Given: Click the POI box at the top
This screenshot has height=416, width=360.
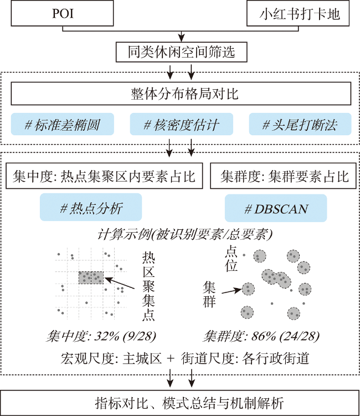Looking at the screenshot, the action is click(x=63, y=13).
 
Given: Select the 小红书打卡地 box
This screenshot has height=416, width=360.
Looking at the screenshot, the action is click(x=298, y=13).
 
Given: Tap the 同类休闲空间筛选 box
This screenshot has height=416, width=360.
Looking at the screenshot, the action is click(x=182, y=52).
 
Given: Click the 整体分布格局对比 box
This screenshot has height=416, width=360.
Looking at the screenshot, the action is click(x=181, y=94).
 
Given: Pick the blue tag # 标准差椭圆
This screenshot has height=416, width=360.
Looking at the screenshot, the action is click(x=63, y=124).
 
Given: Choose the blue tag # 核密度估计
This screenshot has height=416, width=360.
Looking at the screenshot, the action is click(x=182, y=124).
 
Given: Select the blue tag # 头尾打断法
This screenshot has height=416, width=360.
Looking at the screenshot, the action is click(x=300, y=124).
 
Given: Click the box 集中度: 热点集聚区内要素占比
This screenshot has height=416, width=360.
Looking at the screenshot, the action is click(x=104, y=176).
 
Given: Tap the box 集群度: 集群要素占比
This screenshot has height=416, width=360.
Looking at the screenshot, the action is click(x=283, y=176).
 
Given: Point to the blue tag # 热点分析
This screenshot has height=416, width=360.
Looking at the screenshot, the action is click(x=91, y=207).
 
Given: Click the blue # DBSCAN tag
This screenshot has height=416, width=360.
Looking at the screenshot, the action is click(x=276, y=208).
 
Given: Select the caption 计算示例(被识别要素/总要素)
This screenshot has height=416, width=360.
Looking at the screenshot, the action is click(x=184, y=234).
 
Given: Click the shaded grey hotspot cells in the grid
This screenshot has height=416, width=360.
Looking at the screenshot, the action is click(x=91, y=278).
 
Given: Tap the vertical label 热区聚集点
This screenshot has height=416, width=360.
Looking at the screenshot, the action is click(x=148, y=286).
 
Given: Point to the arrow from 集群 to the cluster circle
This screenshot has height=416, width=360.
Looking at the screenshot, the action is click(x=232, y=291).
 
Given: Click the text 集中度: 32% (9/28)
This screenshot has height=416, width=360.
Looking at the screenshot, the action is click(x=101, y=336).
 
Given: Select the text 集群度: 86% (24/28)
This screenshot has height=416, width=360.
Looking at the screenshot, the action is click(x=261, y=336).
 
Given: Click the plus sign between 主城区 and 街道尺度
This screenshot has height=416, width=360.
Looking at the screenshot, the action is click(x=171, y=359).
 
